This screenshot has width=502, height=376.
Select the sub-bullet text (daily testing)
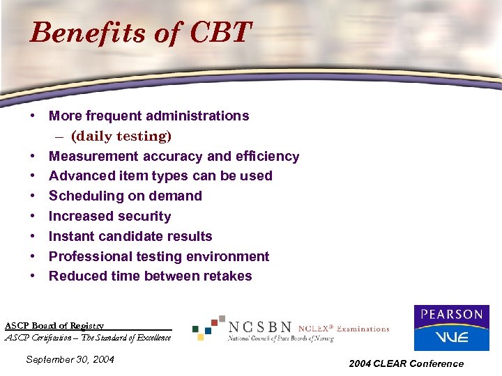[121, 136]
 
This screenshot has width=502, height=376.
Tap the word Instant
[71, 237]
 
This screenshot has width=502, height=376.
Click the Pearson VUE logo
[451, 327]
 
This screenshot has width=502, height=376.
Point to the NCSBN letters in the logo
[260, 326]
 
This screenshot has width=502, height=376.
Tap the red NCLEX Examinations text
[344, 329]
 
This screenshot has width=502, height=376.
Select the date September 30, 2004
[69, 359]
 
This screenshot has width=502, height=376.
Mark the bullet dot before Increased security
[33, 217]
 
